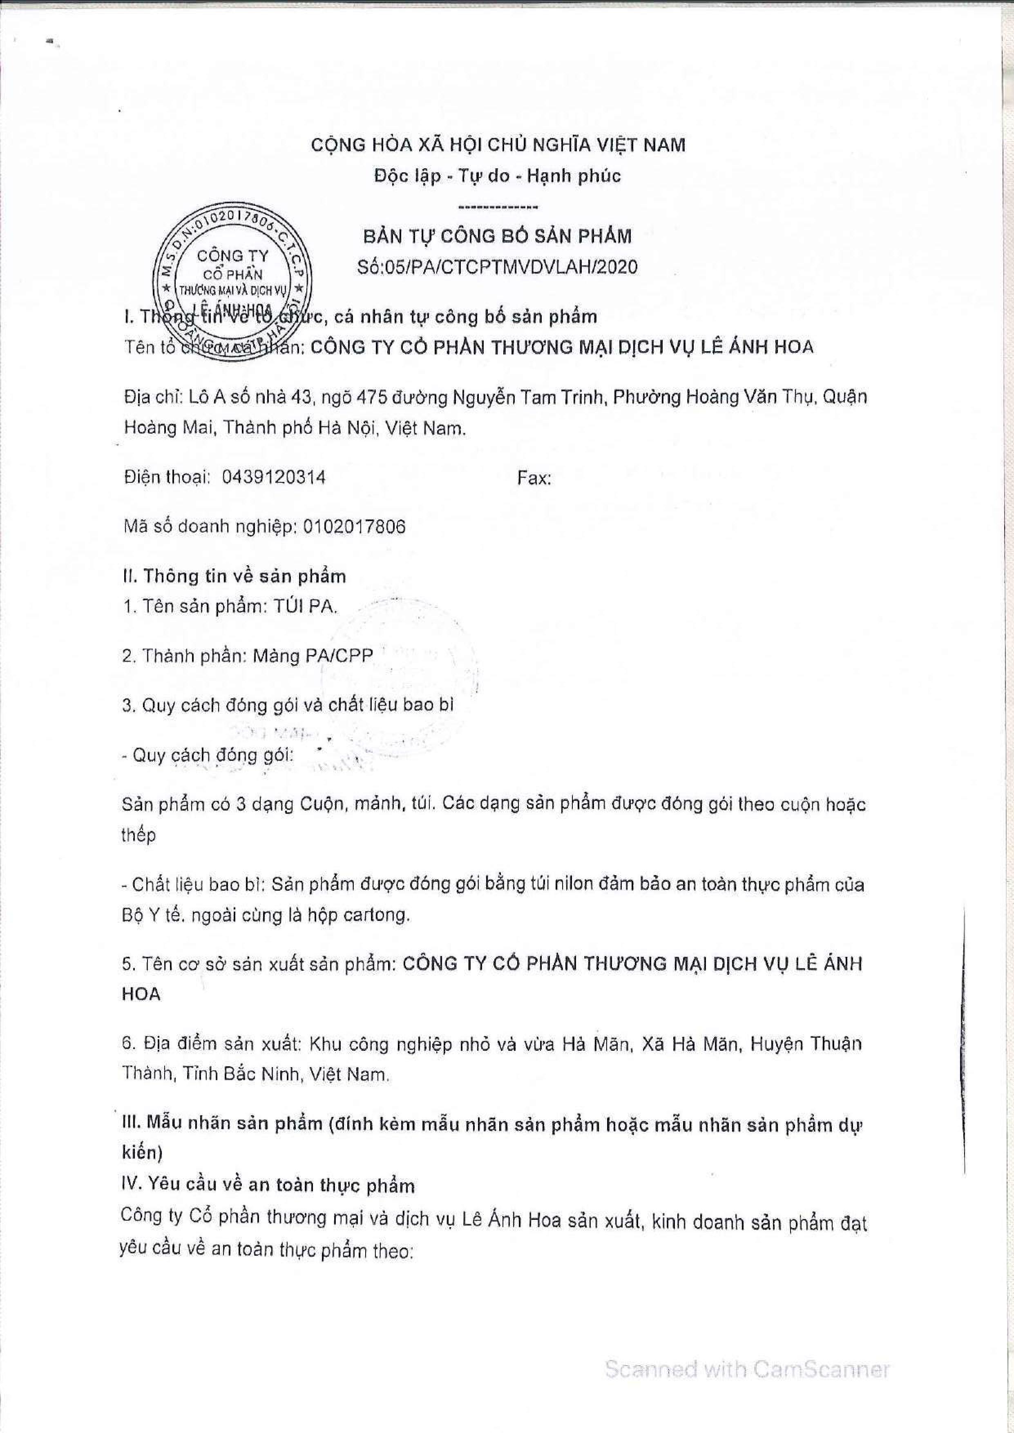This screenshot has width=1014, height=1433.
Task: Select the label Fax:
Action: (x=534, y=479)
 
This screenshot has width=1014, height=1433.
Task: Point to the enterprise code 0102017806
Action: (x=354, y=527)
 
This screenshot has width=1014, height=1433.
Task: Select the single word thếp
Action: (x=138, y=836)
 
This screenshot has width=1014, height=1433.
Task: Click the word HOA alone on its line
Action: (x=141, y=994)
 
